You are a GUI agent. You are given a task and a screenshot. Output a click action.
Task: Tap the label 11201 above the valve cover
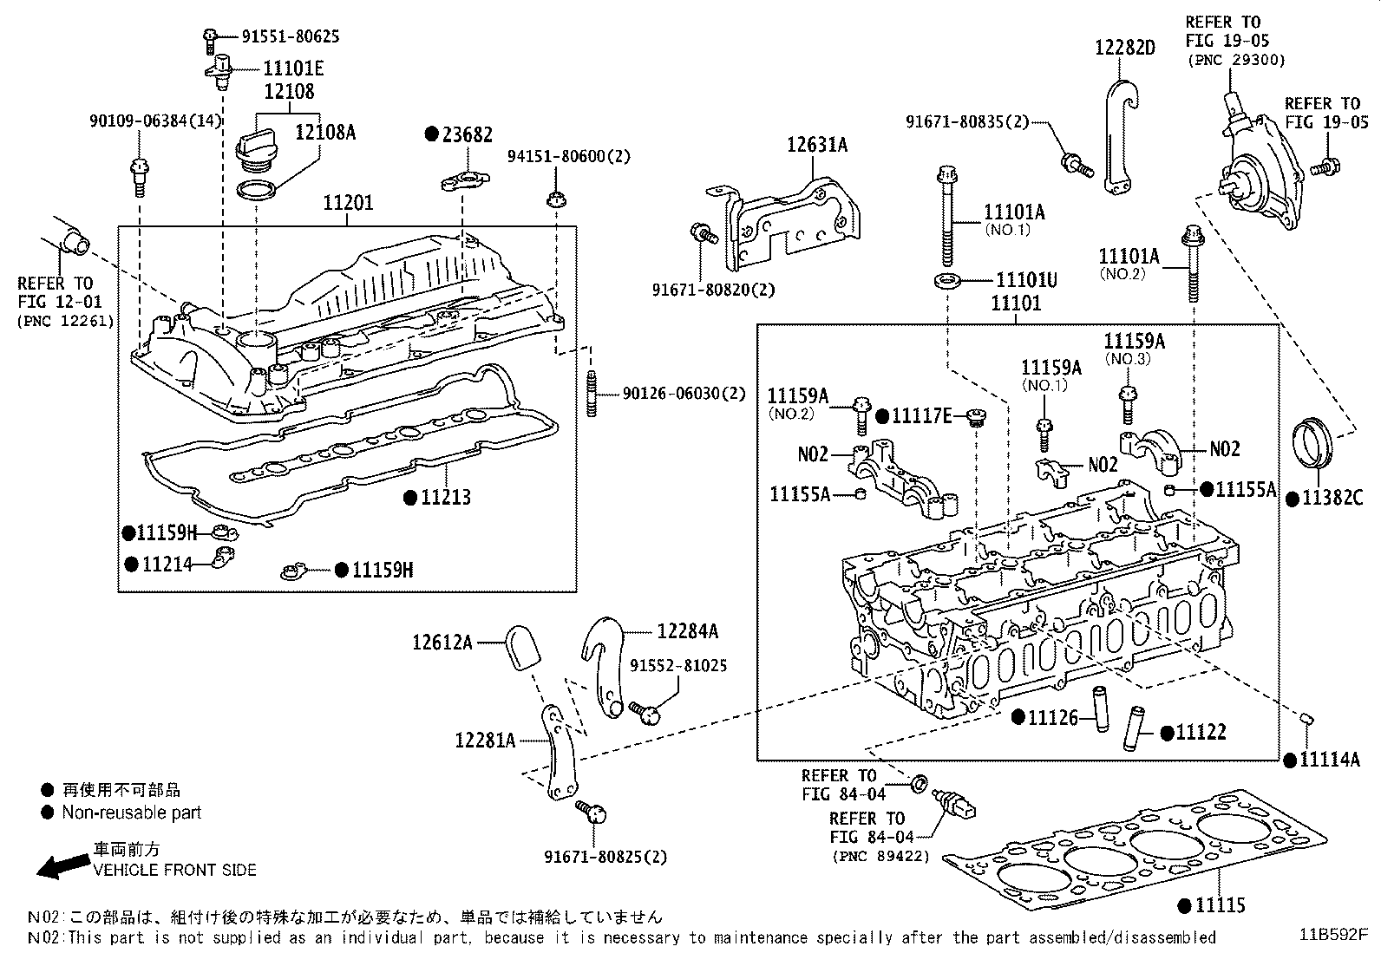click(348, 204)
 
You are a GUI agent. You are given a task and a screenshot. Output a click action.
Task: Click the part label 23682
click(468, 134)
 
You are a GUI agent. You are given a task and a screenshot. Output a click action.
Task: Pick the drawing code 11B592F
click(1332, 935)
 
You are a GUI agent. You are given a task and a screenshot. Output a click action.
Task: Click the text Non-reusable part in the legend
click(131, 813)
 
